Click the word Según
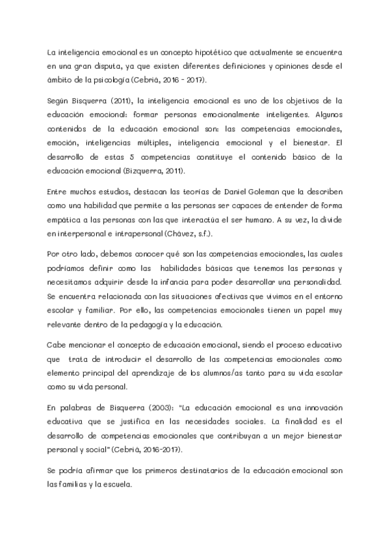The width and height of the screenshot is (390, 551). (x=60, y=102)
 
